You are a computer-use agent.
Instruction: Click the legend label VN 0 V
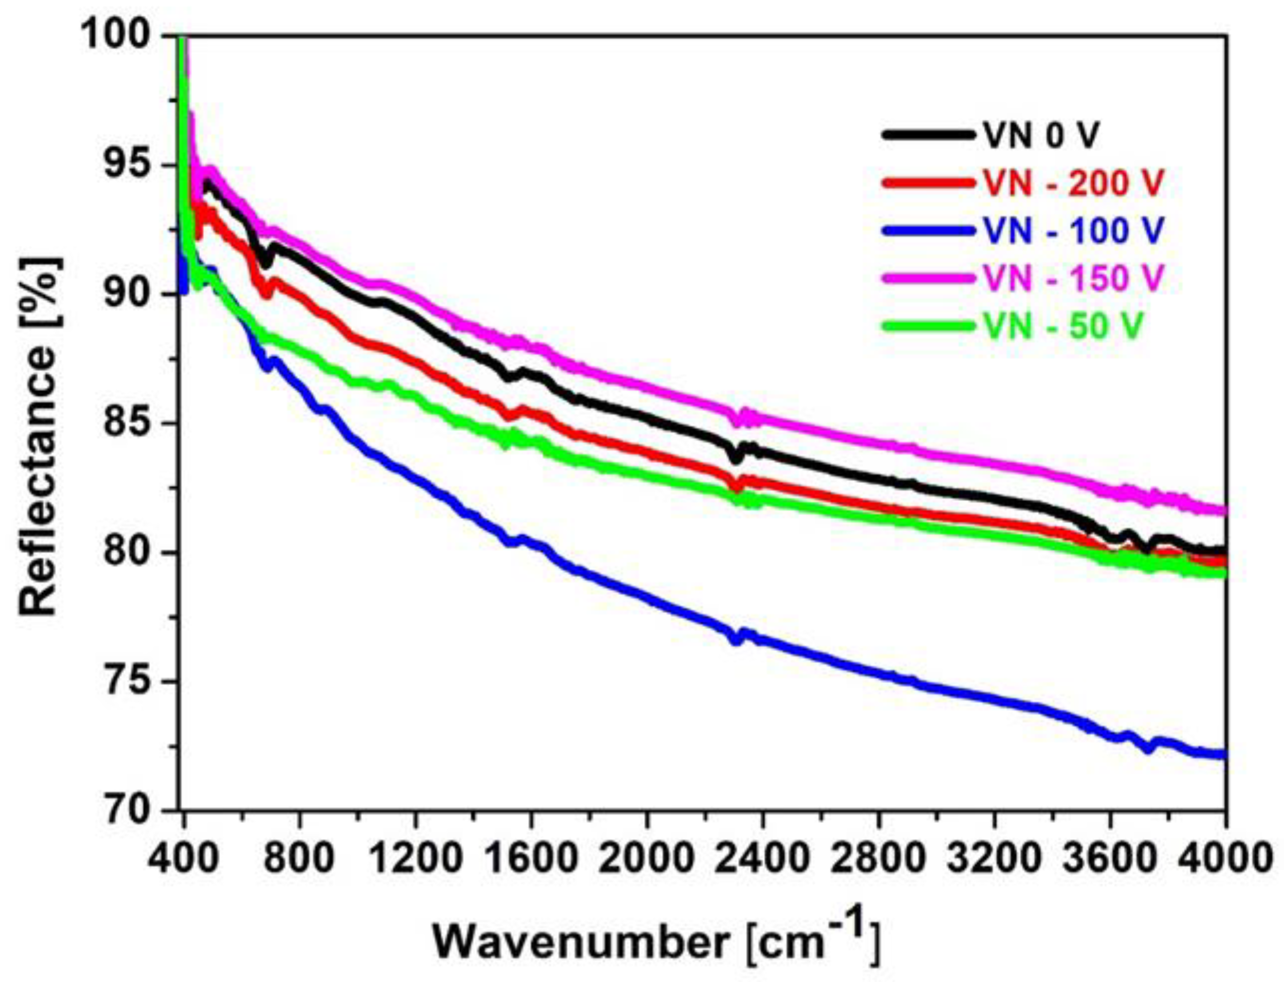(x=1041, y=136)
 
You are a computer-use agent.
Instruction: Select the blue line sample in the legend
(x=929, y=231)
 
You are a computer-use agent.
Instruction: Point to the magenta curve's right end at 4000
(x=1221, y=511)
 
